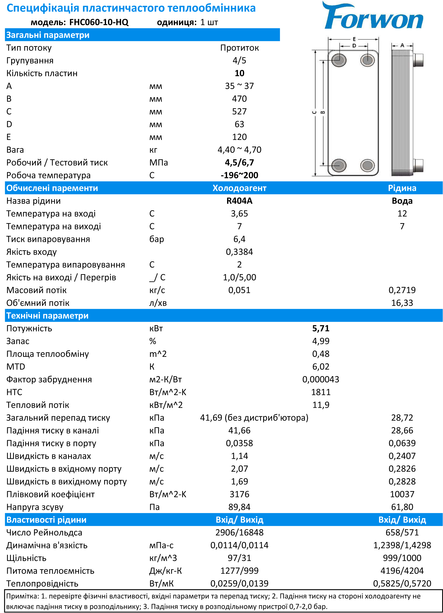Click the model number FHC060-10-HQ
pyautogui.click(x=99, y=22)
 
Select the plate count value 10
pyautogui.click(x=239, y=73)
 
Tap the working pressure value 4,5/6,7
pyautogui.click(x=239, y=162)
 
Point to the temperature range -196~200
pyautogui.click(x=239, y=175)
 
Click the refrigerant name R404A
pyautogui.click(x=239, y=201)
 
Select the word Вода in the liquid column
pyautogui.click(x=402, y=201)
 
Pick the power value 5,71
pyautogui.click(x=321, y=328)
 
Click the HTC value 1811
pyautogui.click(x=321, y=392)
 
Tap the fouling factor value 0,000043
pyautogui.click(x=321, y=379)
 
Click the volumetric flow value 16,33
pyautogui.click(x=402, y=303)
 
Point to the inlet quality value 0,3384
pyautogui.click(x=239, y=252)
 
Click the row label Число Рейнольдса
pyautogui.click(x=44, y=533)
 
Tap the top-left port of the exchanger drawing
pyautogui.click(x=339, y=60)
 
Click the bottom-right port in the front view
pyautogui.click(x=367, y=165)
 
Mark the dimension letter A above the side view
pyautogui.click(x=402, y=45)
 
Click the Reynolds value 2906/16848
pyautogui.click(x=239, y=533)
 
